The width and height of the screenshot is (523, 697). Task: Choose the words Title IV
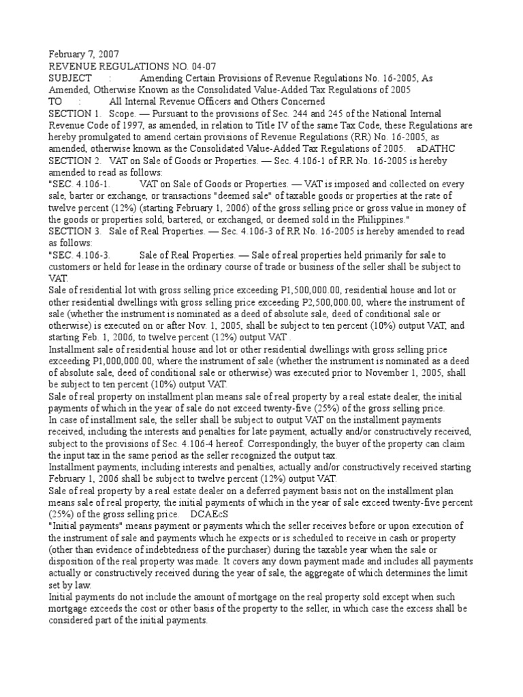[272, 125]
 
